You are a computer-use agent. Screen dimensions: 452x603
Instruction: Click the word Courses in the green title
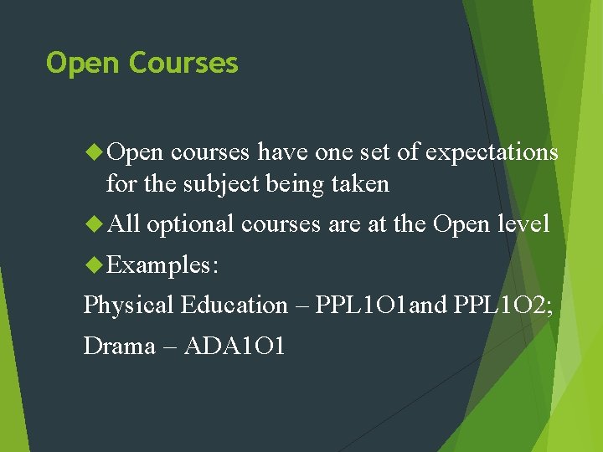click(184, 64)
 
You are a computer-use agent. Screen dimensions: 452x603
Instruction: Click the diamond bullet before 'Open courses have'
click(95, 152)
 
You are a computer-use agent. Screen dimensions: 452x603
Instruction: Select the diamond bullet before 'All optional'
click(95, 223)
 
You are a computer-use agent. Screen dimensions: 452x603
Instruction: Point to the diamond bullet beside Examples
click(95, 265)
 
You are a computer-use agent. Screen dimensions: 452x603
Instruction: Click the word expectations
click(492, 152)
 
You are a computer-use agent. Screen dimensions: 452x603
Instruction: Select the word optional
click(190, 223)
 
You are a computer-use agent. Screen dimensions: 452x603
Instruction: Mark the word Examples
click(163, 265)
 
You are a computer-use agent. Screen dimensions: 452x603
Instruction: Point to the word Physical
click(129, 305)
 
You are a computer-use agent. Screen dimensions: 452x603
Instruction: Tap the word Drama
click(119, 346)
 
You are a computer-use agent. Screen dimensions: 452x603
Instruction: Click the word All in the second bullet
click(124, 223)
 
